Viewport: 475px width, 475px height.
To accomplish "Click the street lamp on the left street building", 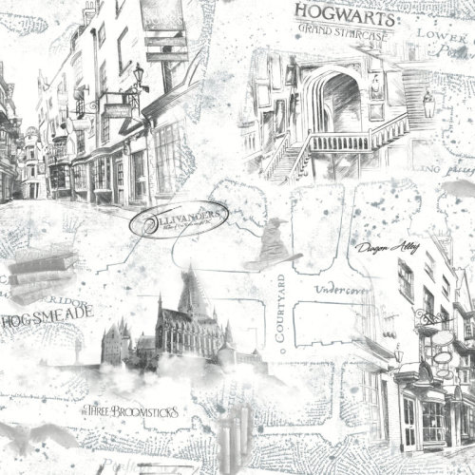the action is pyautogui.click(x=139, y=74).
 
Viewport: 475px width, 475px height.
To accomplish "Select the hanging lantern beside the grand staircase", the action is pyautogui.click(x=430, y=106).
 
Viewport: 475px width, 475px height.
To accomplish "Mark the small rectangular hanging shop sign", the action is pyautogui.click(x=118, y=109).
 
